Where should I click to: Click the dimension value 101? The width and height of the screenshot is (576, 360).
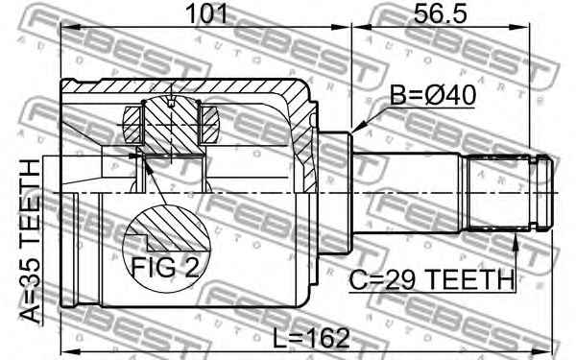[206, 13]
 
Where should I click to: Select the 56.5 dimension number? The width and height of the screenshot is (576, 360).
[440, 13]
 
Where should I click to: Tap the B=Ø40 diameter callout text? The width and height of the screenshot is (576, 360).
[433, 95]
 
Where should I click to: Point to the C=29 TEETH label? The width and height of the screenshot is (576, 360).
[431, 280]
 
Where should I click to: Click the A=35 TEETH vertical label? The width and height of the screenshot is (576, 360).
[30, 241]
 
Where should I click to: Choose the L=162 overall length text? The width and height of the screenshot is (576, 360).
[311, 338]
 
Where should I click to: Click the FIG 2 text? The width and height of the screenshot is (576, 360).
[165, 267]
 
